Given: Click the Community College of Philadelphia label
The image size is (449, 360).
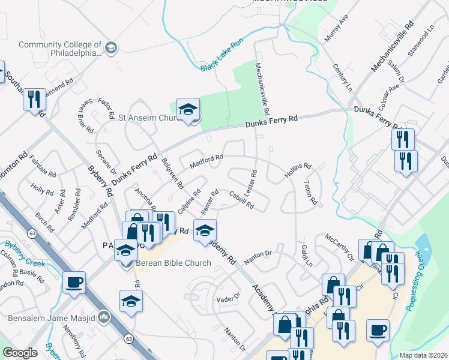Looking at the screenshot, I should pyautogui.click(x=60, y=49).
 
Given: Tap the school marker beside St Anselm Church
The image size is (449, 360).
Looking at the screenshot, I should pyautogui.click(x=188, y=110).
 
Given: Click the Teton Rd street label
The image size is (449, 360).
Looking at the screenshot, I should pyautogui.click(x=310, y=192).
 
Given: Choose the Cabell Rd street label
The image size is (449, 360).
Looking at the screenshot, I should pyautogui.click(x=241, y=200).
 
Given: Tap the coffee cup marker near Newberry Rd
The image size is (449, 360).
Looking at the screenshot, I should pyautogui.click(x=74, y=283).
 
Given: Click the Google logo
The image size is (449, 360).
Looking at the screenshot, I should pyautogui.click(x=20, y=353).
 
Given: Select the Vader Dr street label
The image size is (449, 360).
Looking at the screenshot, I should pyautogui.click(x=228, y=296).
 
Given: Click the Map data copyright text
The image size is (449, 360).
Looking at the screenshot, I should pyautogui.click(x=423, y=355).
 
